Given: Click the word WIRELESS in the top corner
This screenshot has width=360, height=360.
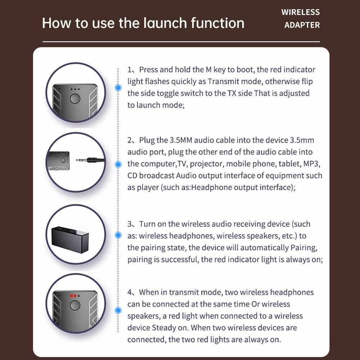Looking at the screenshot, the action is (300, 12).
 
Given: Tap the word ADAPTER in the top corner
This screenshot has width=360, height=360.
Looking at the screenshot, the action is (302, 25).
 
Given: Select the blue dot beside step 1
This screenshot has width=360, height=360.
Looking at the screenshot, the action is (118, 87).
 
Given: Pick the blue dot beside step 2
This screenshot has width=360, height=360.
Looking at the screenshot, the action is (118, 165).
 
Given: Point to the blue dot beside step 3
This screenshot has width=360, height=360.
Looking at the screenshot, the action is (118, 235).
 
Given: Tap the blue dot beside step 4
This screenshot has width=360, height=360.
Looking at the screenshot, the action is (118, 310).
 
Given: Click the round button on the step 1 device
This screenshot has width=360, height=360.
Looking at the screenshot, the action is (75, 99).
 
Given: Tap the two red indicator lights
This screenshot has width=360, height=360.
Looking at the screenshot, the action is (73, 296).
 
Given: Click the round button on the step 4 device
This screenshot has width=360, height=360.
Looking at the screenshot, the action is (75, 305).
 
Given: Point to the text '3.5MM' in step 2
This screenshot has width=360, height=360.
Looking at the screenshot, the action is (181, 140).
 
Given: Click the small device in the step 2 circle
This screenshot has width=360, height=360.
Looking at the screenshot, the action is (58, 161).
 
